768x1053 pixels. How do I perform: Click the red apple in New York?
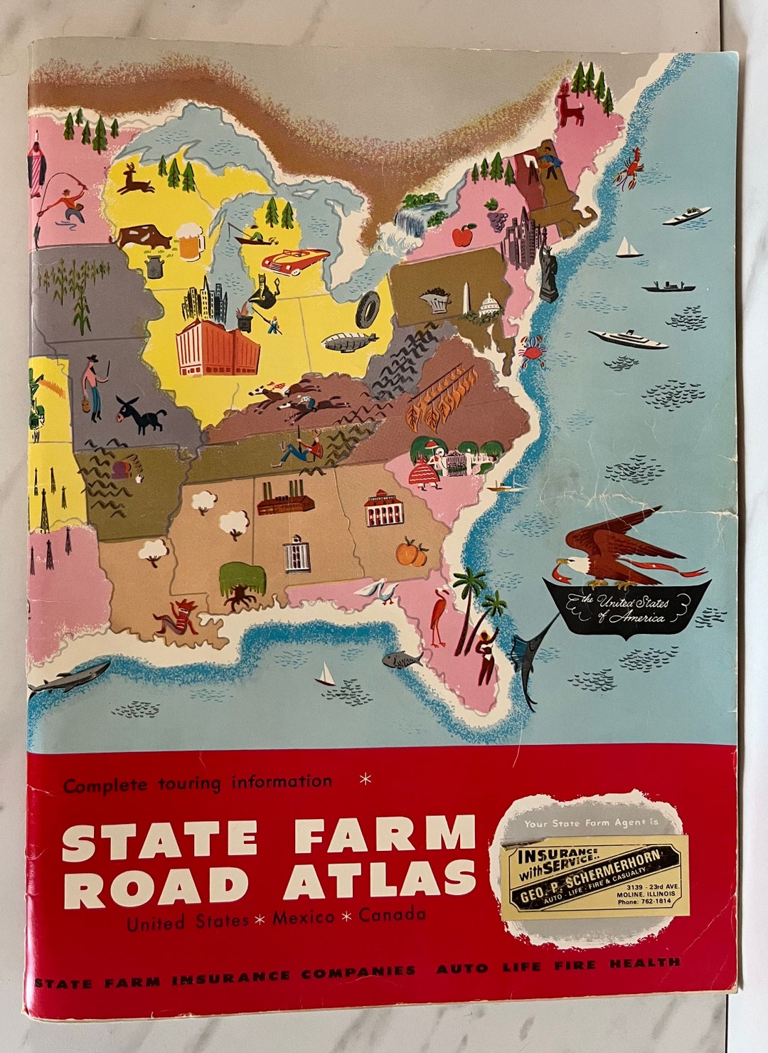(x=463, y=233)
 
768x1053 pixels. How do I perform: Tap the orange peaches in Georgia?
(x=412, y=552)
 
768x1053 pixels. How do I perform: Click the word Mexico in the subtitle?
(x=304, y=918)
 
